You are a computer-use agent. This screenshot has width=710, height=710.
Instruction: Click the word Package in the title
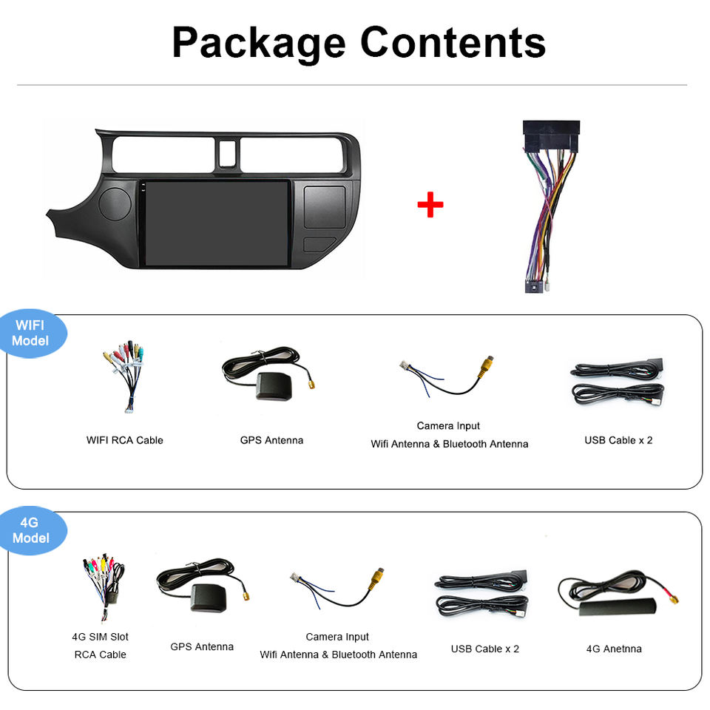(x=258, y=43)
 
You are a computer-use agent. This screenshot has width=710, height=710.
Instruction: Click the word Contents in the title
(x=453, y=43)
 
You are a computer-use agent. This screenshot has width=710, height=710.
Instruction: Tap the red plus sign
(x=430, y=205)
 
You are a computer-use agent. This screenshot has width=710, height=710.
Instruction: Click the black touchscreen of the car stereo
(x=216, y=223)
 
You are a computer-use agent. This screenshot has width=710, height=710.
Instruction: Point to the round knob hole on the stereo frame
(x=114, y=203)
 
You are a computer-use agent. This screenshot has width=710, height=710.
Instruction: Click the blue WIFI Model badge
(x=31, y=334)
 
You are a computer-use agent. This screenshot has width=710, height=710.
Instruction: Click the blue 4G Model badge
(x=31, y=530)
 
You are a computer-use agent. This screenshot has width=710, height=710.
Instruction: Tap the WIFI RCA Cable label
(x=125, y=440)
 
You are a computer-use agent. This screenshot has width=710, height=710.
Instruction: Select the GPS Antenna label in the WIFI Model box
(x=271, y=440)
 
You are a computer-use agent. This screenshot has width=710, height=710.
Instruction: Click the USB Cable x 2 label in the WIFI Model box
(x=618, y=440)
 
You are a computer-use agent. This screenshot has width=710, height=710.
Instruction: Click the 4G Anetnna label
(x=614, y=649)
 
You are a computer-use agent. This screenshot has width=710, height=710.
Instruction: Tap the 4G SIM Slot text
(x=100, y=637)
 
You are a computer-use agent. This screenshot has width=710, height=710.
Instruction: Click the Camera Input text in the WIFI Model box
(x=448, y=426)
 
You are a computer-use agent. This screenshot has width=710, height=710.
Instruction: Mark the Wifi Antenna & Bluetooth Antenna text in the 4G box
(x=338, y=655)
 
